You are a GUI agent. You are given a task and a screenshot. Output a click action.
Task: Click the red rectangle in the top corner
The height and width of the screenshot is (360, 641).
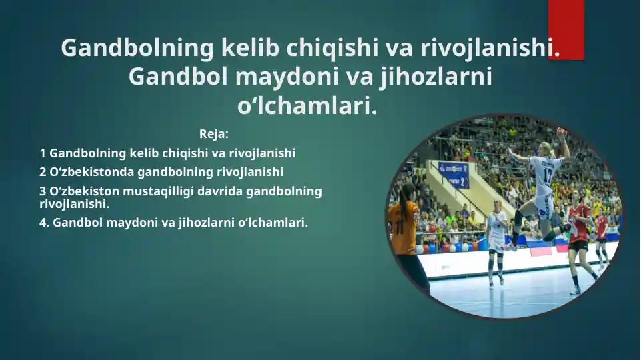point(566,29)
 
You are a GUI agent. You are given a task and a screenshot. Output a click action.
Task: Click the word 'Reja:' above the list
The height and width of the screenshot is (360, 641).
point(213,134)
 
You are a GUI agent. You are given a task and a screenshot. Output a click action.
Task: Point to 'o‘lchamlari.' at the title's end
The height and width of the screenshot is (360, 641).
point(307,105)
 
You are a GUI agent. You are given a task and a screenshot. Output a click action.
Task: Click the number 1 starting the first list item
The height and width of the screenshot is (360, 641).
point(43,153)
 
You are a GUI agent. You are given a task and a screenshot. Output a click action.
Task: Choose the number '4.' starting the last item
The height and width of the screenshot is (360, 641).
point(45,223)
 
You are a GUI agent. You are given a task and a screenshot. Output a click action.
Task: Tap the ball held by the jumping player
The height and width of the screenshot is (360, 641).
point(562,132)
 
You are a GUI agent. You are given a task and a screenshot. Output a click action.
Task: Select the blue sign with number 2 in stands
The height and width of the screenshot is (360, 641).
point(453,175)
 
